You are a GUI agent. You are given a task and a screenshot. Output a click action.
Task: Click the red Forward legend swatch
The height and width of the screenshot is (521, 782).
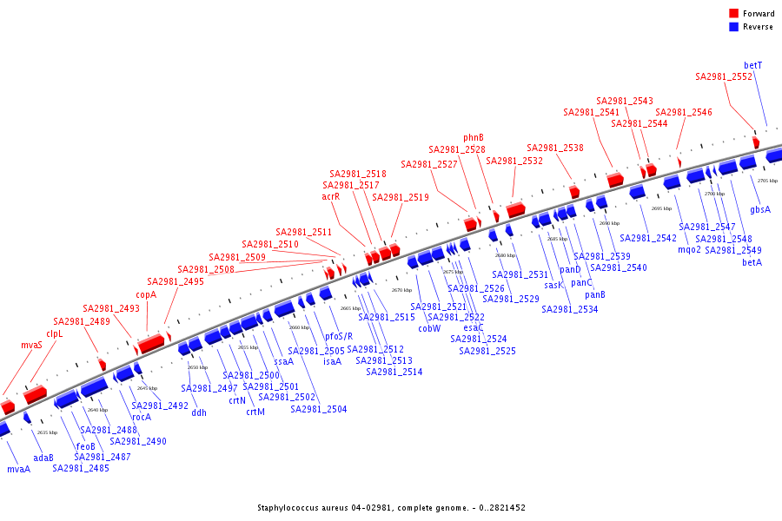click(x=734, y=14)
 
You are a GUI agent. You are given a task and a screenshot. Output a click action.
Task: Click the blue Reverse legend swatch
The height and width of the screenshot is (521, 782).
click(x=734, y=27)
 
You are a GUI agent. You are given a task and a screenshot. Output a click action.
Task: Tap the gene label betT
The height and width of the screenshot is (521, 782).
click(x=753, y=65)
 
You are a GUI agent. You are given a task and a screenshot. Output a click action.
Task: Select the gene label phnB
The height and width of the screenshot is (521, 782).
click(x=474, y=137)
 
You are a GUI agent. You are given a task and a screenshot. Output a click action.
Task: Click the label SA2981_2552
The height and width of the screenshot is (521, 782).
click(x=724, y=76)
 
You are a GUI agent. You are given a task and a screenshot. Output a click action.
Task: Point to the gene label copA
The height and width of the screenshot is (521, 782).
click(x=146, y=294)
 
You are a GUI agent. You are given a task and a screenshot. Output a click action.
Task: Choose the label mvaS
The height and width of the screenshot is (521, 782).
click(x=32, y=345)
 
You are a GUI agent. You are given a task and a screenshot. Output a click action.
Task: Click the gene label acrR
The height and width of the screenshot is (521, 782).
click(x=331, y=196)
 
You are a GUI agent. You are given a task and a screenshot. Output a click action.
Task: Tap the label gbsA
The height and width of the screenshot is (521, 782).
click(x=760, y=209)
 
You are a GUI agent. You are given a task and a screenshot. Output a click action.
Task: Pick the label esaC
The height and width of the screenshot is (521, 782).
click(x=474, y=327)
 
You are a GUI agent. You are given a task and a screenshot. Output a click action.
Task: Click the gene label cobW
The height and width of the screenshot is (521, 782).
click(x=429, y=328)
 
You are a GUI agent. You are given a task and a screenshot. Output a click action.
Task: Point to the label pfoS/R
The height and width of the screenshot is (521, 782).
click(x=339, y=336)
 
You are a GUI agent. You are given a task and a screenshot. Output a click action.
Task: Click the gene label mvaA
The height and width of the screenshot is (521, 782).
click(x=18, y=469)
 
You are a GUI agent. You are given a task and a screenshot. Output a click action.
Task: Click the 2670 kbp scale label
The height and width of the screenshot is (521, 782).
click(x=401, y=290)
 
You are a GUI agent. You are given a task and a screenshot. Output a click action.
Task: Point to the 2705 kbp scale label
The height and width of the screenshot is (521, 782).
click(x=767, y=181)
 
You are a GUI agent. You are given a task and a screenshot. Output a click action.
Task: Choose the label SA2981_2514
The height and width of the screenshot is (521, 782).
click(x=394, y=372)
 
